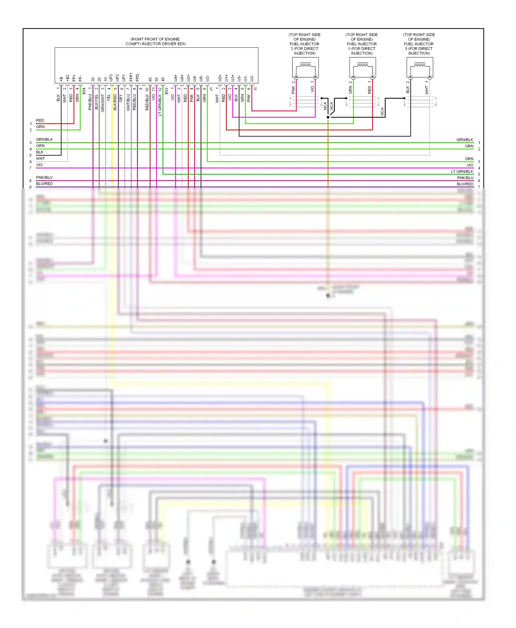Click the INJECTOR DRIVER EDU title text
point(155,42)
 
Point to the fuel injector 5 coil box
point(420,67)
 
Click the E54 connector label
point(84,91)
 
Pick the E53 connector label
point(166,91)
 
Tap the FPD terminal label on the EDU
point(138,78)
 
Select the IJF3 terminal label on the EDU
point(111,78)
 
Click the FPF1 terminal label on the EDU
point(131,77)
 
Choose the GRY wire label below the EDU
point(121,98)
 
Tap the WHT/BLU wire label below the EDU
point(128,102)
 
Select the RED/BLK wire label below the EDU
point(147,102)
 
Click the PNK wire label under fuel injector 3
point(293,90)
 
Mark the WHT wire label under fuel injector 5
point(427,90)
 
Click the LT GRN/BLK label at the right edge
point(462,171)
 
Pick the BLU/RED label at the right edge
point(465,184)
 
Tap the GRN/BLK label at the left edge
point(44,139)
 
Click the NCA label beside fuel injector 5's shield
point(382,111)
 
